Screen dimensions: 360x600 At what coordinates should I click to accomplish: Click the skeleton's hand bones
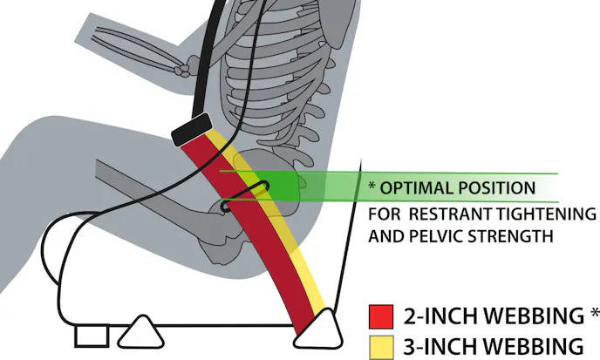point(184,67)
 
